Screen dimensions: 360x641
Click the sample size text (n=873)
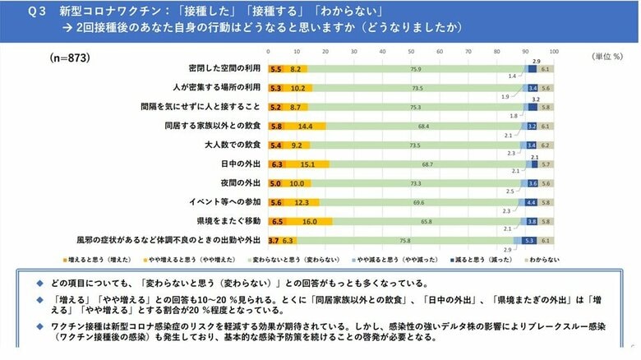70,59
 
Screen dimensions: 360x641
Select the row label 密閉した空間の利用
225,70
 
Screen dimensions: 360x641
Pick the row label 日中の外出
243,164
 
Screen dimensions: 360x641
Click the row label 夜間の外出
243,183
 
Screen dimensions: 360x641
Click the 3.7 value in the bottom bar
274,241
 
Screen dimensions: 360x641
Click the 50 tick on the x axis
410,52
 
